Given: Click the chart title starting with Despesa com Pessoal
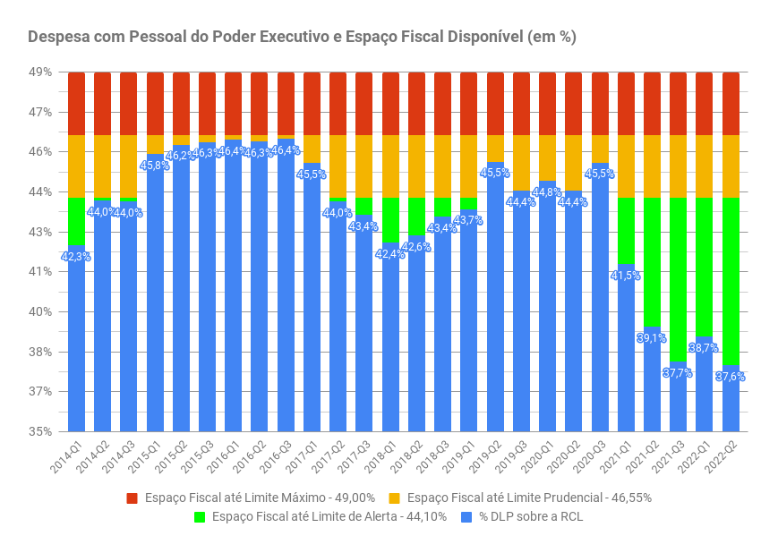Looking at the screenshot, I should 302,37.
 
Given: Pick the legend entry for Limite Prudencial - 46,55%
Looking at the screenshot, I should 528,498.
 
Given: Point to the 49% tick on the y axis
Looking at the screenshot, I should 41,72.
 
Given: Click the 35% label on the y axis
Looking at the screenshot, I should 41,431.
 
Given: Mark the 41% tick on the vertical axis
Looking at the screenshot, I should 41,272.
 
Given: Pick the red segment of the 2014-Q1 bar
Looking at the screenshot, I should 77,104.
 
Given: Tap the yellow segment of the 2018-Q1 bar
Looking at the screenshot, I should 390,166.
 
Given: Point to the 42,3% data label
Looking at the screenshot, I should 76,257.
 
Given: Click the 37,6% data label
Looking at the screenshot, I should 731,377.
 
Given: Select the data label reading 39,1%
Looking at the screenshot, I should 652,338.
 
